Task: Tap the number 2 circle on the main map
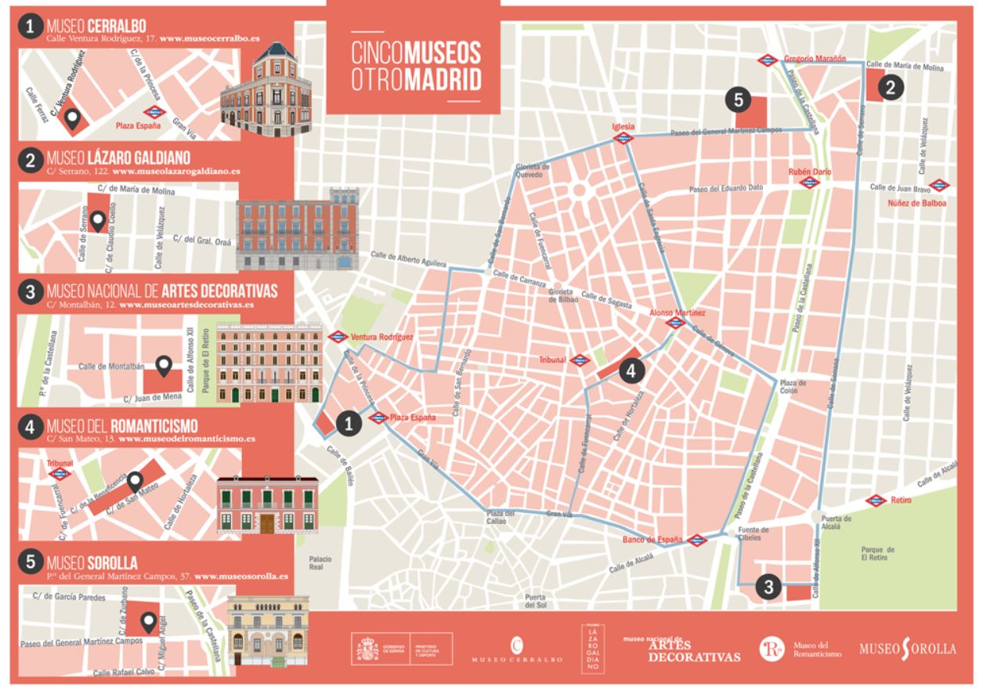click(x=890, y=87)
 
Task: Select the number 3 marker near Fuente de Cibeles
click(x=769, y=586)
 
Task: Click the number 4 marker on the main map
click(x=633, y=370)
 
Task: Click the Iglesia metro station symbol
click(x=624, y=139)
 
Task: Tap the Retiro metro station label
click(x=901, y=500)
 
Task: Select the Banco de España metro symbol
click(x=696, y=539)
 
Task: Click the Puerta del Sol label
click(x=536, y=601)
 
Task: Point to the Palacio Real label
click(x=320, y=564)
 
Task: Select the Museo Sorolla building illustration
click(x=268, y=631)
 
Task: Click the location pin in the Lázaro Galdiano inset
click(x=98, y=222)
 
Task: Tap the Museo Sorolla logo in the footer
click(x=907, y=649)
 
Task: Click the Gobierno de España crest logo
click(x=367, y=649)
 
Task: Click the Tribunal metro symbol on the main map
click(x=579, y=360)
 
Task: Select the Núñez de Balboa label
click(x=916, y=204)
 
